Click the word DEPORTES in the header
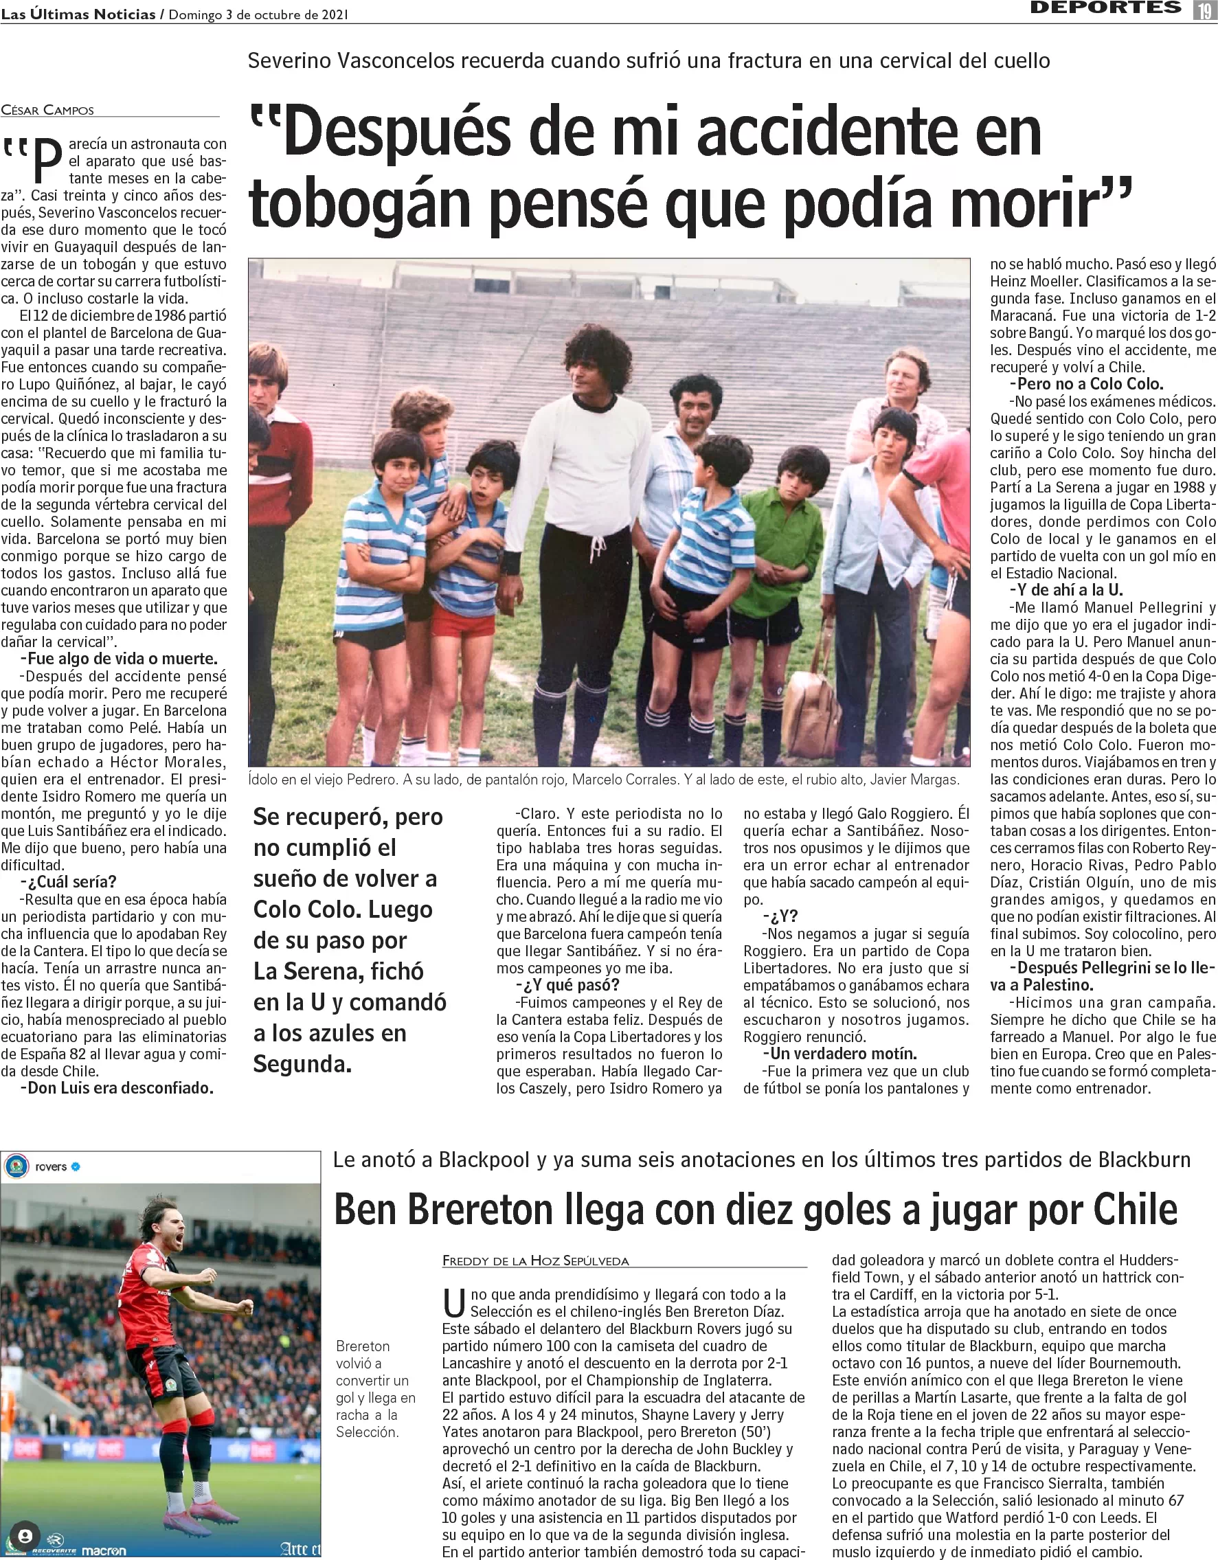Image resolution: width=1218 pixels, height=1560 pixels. [1105, 8]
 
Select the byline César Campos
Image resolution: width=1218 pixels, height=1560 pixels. [47, 110]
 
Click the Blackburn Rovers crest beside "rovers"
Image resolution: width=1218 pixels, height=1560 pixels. [17, 1167]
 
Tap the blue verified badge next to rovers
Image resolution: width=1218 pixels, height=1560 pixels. [76, 1167]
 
